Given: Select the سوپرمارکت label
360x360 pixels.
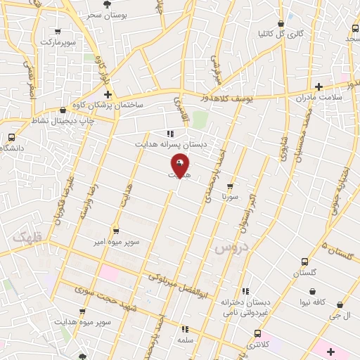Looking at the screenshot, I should coord(57,42).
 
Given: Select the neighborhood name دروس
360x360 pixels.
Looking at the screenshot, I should coord(227,249).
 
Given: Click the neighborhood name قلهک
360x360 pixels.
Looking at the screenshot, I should coord(28,237).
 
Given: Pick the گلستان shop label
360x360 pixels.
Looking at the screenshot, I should coord(305,271).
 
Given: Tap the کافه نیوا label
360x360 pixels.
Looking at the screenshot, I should coord(314,302).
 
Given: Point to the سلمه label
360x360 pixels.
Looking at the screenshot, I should coord(186,339).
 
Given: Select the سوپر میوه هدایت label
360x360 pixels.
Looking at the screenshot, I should coord(84,322).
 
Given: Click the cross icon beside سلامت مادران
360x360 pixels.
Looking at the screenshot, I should coord(319,87).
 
